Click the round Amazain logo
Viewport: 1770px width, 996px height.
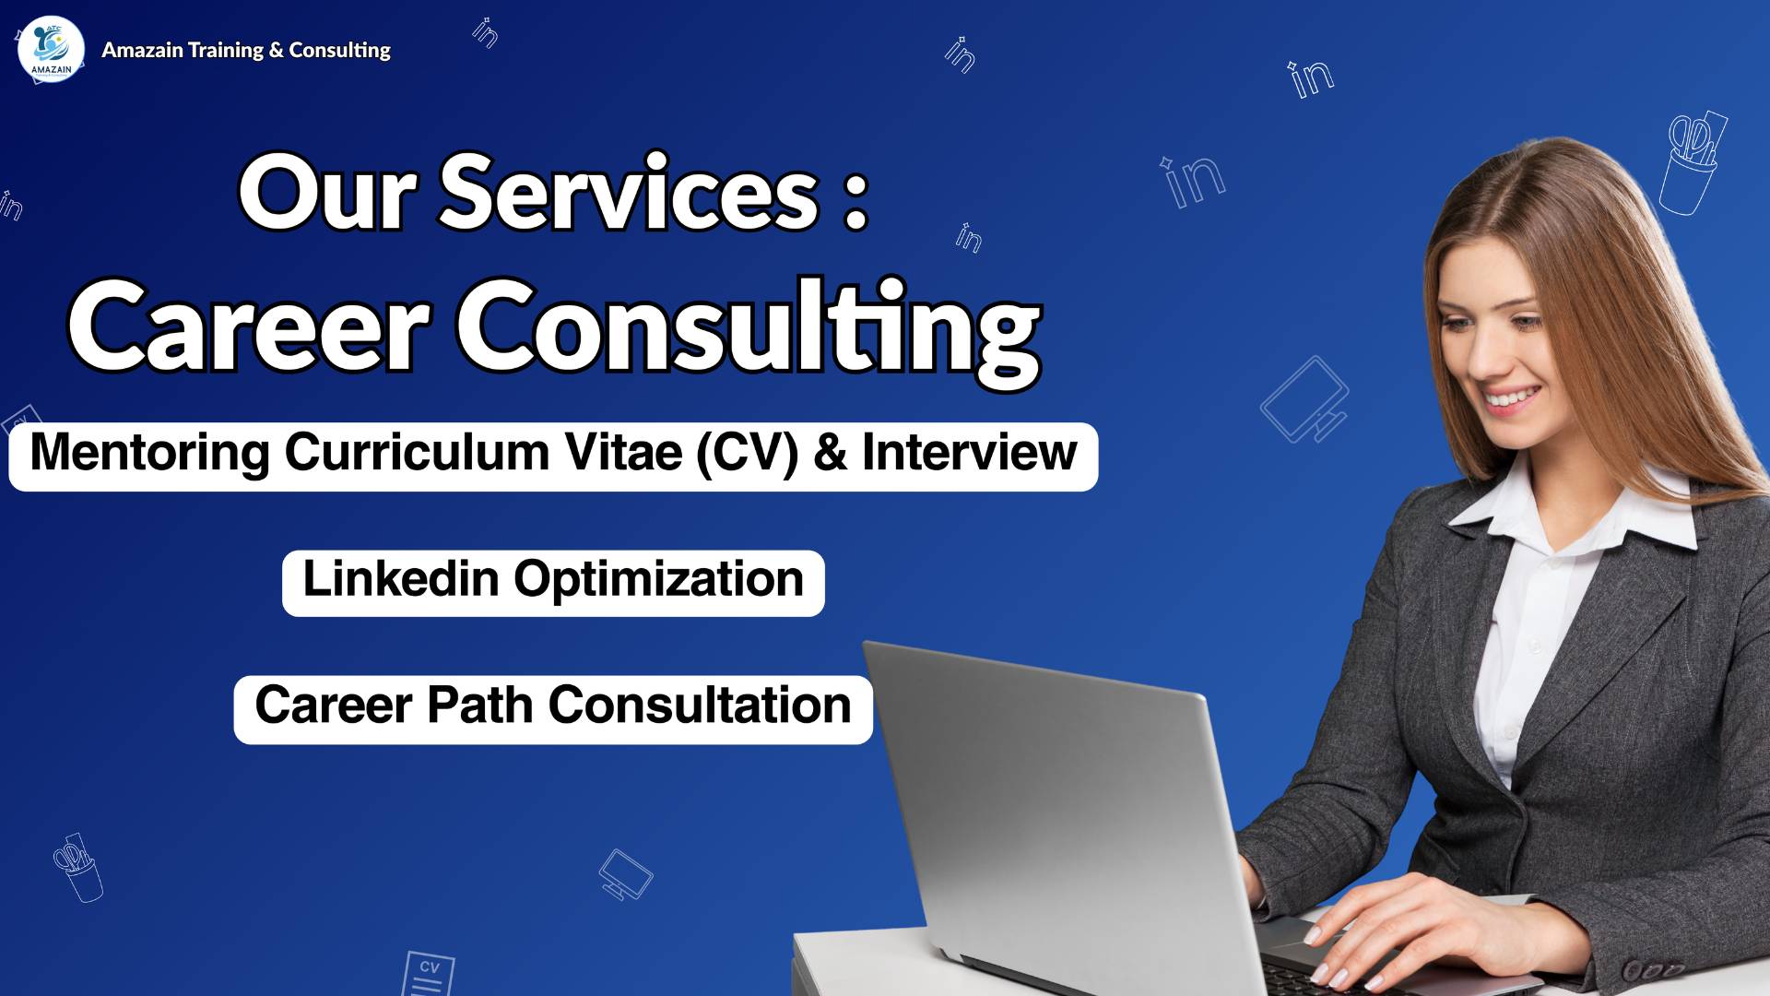coord(51,50)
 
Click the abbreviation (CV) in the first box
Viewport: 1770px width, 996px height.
coord(747,453)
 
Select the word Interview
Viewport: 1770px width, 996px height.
coord(969,453)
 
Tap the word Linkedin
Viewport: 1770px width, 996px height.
coord(401,580)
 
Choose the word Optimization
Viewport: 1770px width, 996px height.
coord(658,580)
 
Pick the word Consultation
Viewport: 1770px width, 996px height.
coord(700,706)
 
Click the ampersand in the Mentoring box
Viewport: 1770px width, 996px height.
coord(830,453)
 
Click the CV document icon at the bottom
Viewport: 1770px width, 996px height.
coord(429,973)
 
